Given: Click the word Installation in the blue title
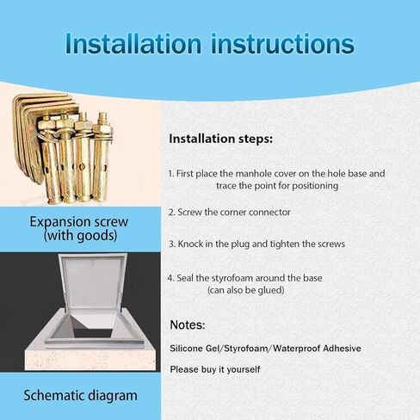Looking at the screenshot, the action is coord(133,44).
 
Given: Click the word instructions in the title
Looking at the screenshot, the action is coord(282,44).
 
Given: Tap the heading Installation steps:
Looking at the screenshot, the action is coord(220,139).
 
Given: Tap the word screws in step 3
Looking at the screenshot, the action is coord(331,244).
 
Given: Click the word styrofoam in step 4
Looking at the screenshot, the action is coord(232,278).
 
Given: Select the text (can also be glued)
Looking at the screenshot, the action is coord(246,290).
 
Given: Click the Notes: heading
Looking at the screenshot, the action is coord(188,324).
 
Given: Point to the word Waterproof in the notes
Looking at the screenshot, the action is coord(296,349).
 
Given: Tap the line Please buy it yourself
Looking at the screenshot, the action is coord(215,369).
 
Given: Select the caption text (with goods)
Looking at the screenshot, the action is coord(80,236).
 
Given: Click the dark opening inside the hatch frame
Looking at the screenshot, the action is coord(92,330).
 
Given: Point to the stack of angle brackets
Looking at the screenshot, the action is coord(32,135).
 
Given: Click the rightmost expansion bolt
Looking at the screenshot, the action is coord(102,157).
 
